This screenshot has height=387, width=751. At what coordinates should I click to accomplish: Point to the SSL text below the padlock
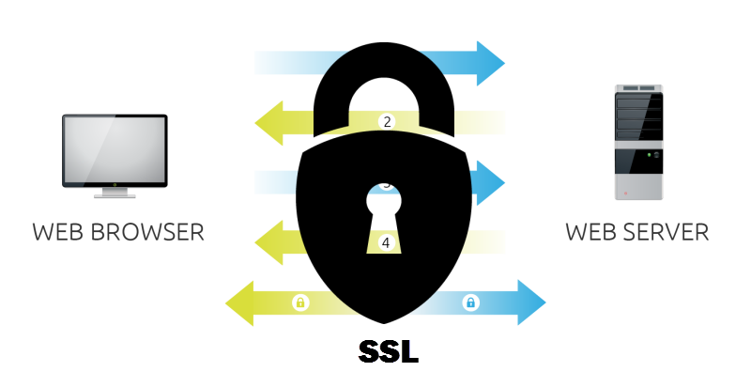point(388,351)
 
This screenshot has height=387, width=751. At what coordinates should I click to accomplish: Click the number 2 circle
point(386,122)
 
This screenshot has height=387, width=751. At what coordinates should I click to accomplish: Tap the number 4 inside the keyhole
point(386,242)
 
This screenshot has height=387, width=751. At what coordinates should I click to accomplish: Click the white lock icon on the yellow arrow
point(300,302)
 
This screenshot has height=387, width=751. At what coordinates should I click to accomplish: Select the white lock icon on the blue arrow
point(471,302)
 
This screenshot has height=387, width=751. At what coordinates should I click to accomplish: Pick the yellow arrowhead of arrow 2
point(272,122)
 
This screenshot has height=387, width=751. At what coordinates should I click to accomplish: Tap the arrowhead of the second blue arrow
point(490,182)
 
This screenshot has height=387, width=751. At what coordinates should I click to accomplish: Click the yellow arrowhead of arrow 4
point(272,242)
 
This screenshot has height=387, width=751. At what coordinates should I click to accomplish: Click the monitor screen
point(115,150)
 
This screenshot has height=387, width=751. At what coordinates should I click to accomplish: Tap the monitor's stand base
point(115,195)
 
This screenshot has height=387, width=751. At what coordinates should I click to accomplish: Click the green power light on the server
point(656,153)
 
